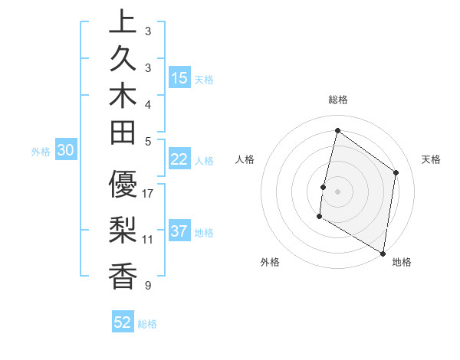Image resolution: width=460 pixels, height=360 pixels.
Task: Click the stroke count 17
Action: (x=148, y=194)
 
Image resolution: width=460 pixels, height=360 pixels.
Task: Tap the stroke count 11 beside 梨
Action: (x=148, y=239)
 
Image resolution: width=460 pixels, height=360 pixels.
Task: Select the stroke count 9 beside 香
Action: (x=148, y=286)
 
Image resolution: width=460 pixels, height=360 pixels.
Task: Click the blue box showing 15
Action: (x=179, y=77)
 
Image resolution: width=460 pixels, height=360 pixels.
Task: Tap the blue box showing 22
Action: (x=179, y=159)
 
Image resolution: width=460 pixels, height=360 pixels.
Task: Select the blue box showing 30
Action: (x=66, y=151)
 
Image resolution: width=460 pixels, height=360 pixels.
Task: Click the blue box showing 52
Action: (x=123, y=322)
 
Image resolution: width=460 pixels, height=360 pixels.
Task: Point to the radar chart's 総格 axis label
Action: (x=338, y=100)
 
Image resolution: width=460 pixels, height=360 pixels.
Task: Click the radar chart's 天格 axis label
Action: (x=431, y=159)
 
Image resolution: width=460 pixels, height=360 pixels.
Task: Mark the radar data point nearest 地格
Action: (x=383, y=253)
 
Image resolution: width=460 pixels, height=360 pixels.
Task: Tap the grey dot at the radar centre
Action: (x=337, y=191)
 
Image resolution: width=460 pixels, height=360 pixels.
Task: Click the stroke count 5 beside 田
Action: (x=148, y=141)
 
